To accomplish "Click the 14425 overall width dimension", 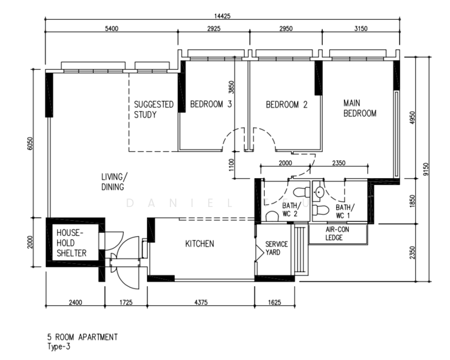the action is tap(223, 16).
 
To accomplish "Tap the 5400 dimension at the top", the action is tap(112, 28).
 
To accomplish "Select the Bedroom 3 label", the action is tap(211, 104).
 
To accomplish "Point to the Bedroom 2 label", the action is tap(287, 104).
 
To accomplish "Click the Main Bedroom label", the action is tap(360, 108).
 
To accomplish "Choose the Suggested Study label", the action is tap(154, 109).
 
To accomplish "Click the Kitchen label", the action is tap(200, 244).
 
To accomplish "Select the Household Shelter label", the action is tap(71, 243).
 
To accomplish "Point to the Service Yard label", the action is tap(277, 248).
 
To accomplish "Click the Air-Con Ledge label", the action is tap(337, 233).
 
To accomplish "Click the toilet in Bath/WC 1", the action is tap(320, 210).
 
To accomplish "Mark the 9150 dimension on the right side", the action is tap(426, 169).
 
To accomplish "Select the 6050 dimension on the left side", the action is tap(31, 143).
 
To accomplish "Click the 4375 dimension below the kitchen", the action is tap(201, 302).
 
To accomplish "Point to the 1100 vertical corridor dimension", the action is tap(232, 165).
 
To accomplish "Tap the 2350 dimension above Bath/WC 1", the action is tap(339, 163).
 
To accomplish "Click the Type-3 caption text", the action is tap(59, 347).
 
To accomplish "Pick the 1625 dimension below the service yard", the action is tap(275, 302).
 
